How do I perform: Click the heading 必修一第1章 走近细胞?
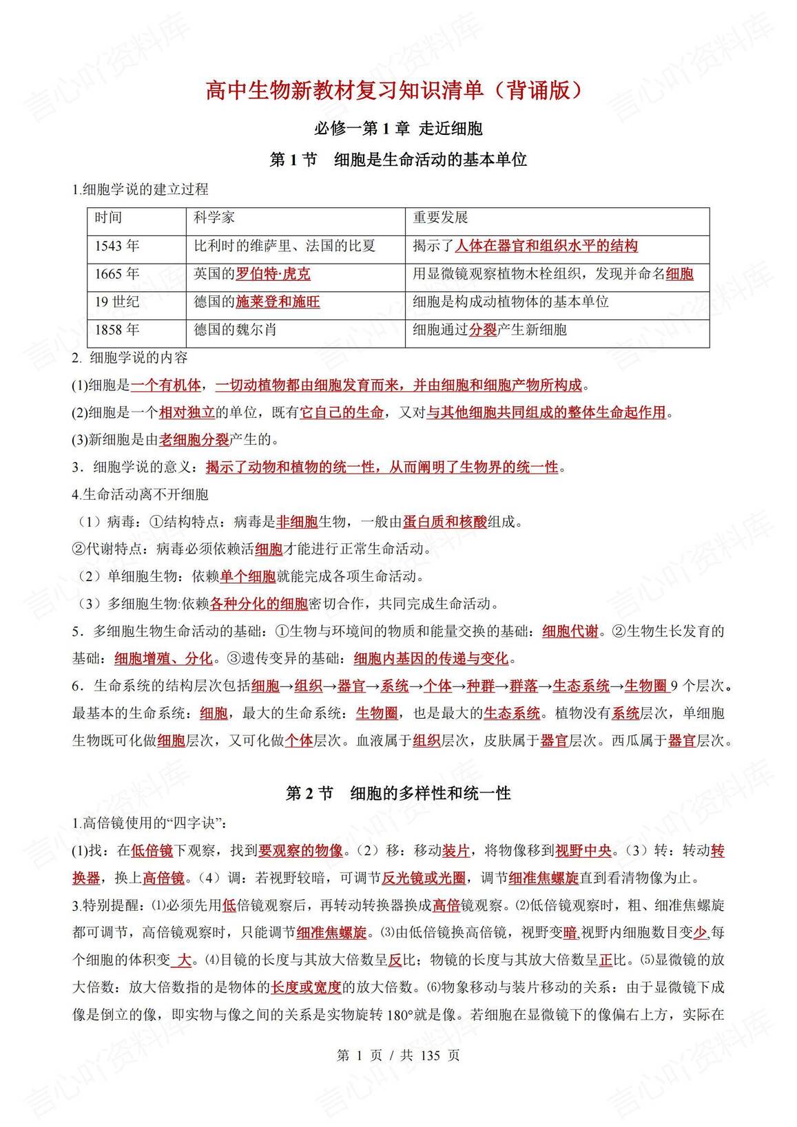click(x=398, y=128)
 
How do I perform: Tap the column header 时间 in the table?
click(x=108, y=218)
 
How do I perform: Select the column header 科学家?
click(x=214, y=218)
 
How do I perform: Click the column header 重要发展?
click(x=440, y=218)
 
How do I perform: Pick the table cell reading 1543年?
click(x=117, y=246)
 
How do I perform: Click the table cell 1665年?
click(x=117, y=274)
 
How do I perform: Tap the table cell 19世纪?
click(x=117, y=302)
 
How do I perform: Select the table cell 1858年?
click(x=117, y=330)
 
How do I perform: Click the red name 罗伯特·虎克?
click(x=273, y=274)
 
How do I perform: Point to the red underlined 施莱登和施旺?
click(x=278, y=302)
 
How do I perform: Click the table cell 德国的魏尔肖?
click(x=235, y=330)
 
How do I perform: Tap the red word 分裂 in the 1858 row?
click(x=482, y=330)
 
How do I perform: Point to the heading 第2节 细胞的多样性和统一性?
click(x=398, y=793)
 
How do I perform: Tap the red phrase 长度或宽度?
click(x=307, y=987)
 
